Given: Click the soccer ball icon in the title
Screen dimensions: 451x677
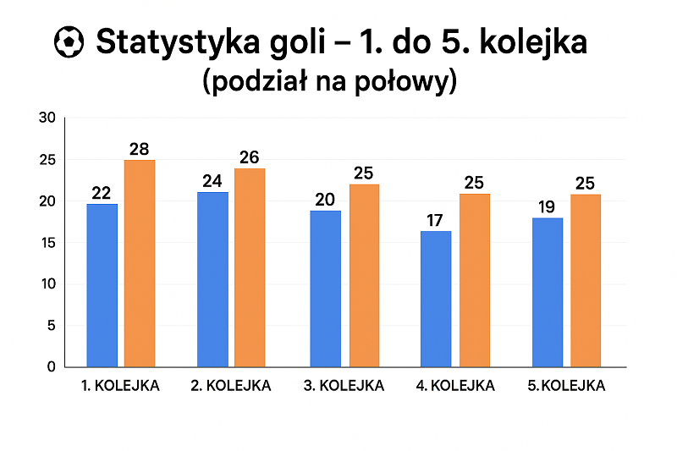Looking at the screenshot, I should (69, 41).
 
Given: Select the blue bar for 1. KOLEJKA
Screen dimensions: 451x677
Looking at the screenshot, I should (102, 285).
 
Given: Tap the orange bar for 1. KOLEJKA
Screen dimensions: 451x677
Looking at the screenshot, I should (140, 263).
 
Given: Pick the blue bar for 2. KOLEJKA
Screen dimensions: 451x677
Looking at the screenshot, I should (212, 279).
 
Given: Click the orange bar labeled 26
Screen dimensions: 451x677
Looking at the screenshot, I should (250, 267).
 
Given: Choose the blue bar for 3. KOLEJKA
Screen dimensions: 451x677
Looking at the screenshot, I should (325, 289).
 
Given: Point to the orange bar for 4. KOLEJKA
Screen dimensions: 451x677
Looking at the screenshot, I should (475, 280).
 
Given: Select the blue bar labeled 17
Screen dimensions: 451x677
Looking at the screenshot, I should (436, 299).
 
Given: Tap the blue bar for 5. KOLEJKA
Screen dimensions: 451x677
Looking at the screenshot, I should (548, 292).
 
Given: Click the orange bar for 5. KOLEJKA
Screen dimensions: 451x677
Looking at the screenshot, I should (586, 280).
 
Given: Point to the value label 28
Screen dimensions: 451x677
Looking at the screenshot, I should (140, 149).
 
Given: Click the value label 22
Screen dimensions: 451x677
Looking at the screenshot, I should (102, 193).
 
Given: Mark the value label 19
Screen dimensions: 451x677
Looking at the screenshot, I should (548, 207).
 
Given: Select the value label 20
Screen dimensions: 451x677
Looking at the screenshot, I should (325, 200).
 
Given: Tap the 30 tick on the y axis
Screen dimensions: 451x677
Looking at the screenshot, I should (47, 118).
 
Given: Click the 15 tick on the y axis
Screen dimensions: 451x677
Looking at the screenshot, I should (47, 243).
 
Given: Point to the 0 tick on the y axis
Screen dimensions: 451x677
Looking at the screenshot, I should (51, 367).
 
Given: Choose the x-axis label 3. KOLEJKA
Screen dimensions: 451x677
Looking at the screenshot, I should (344, 386).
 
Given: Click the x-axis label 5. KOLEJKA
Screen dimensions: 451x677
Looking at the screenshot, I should (566, 386).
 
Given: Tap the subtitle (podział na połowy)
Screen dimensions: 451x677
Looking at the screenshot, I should (330, 82).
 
